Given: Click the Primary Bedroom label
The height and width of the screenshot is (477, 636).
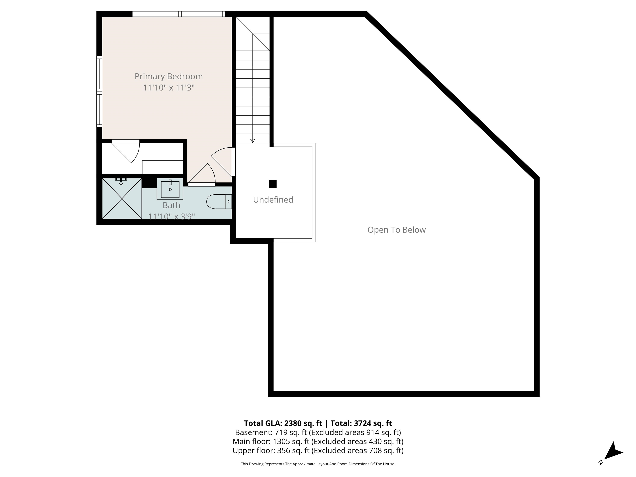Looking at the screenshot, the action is pos(169,76).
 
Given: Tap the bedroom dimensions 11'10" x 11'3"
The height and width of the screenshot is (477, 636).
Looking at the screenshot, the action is pos(169,87).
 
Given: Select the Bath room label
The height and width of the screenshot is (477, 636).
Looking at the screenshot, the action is pos(171,205).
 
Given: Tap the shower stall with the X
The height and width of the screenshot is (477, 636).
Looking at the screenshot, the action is pos(122,198).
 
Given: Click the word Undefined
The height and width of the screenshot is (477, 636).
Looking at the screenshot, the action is pos(273,200).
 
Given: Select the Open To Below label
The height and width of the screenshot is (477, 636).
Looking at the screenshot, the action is pos(396,230).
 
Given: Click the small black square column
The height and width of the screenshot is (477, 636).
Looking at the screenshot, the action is pos(273,184).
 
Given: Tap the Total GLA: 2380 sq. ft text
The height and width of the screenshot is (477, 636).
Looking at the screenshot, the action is pos(283,423).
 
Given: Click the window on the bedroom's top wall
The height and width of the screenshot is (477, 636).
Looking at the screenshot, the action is pos(178,14).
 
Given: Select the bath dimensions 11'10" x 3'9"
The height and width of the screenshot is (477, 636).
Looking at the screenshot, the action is pos(171,216).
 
